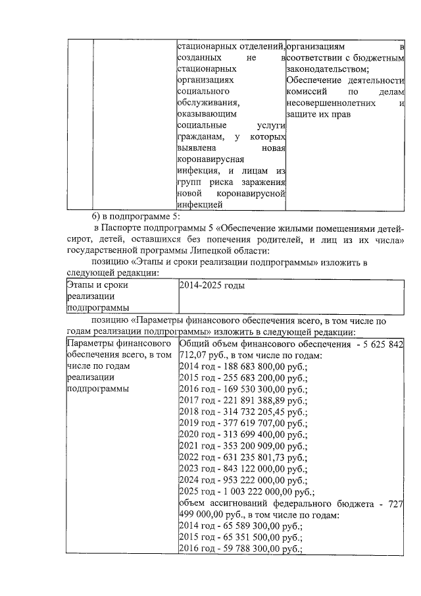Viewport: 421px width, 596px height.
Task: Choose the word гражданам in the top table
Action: [200, 138]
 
